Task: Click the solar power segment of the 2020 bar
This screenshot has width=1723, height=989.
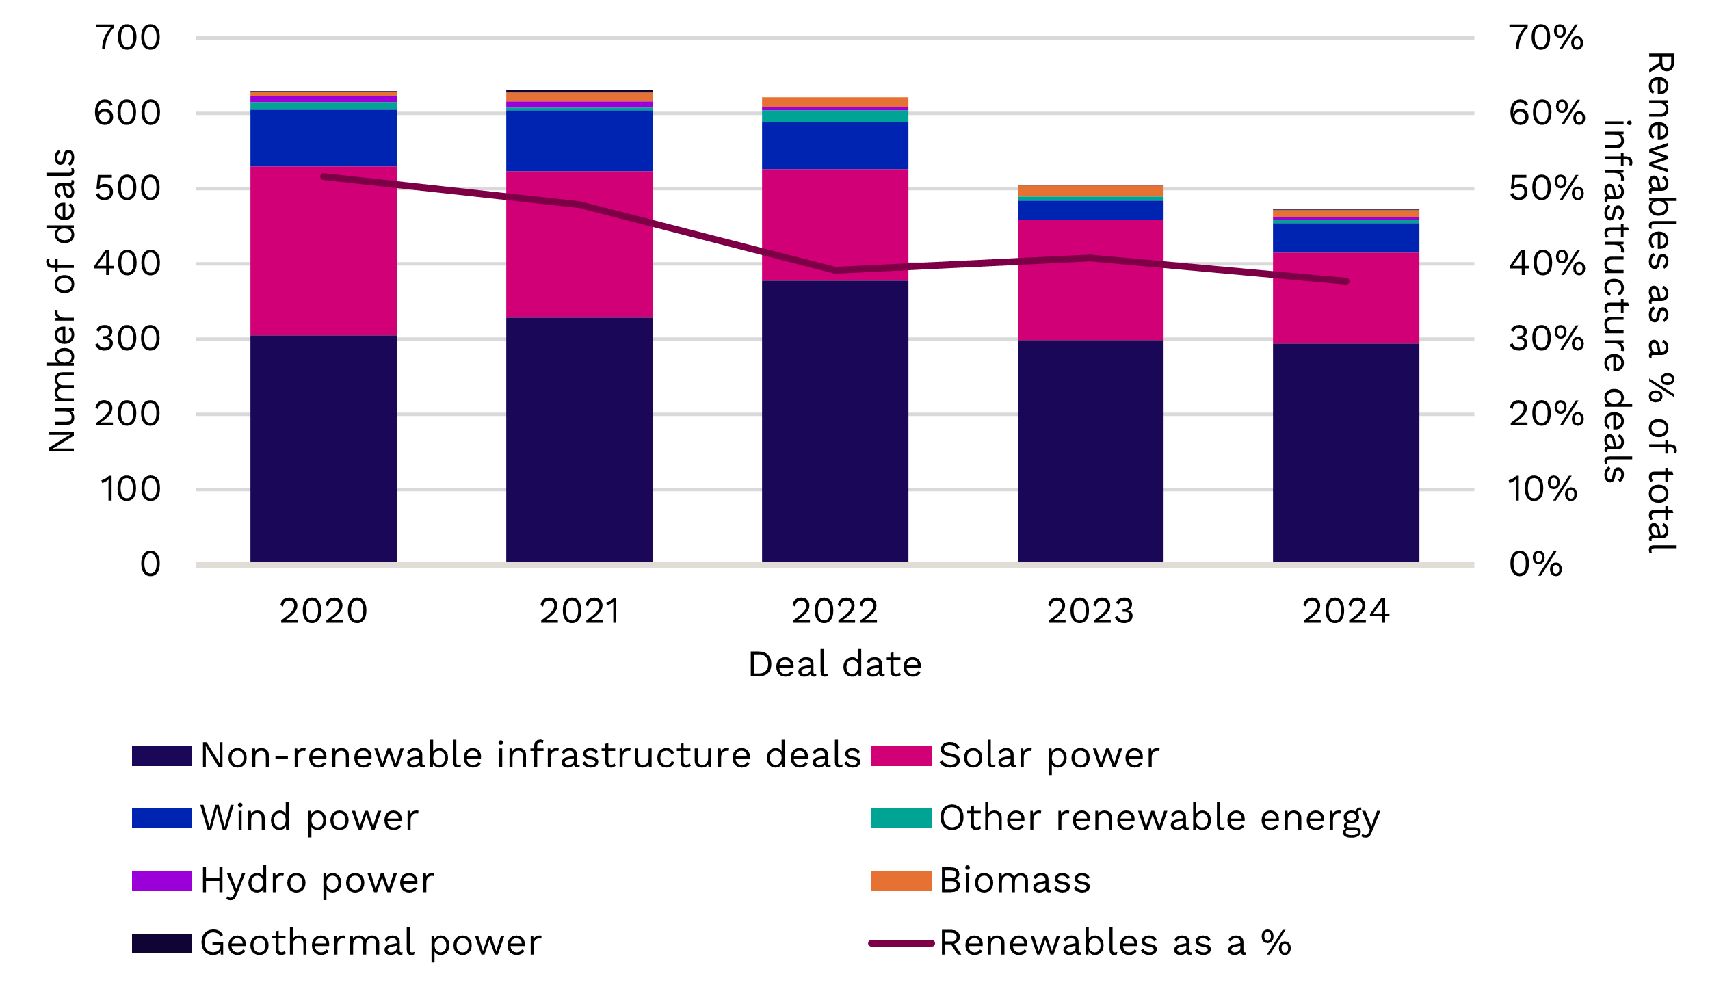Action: [x=323, y=250]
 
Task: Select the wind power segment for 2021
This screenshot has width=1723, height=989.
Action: [x=579, y=140]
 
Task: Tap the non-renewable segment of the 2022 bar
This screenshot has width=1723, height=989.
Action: [x=834, y=421]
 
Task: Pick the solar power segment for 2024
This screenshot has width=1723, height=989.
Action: [x=1345, y=298]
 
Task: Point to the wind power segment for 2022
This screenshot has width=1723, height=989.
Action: [x=834, y=145]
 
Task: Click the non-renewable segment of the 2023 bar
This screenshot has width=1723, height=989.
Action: [x=1090, y=451]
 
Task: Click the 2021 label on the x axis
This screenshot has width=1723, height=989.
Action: [x=579, y=611]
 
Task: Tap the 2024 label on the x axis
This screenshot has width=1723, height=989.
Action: [x=1345, y=611]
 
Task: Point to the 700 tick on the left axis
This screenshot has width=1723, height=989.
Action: [x=127, y=38]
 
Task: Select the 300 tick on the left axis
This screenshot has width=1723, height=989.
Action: [x=127, y=339]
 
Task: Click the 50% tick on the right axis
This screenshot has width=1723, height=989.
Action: [x=1547, y=188]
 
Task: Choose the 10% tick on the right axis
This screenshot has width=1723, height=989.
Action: [x=1542, y=489]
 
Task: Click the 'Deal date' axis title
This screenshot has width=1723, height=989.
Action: [x=834, y=664]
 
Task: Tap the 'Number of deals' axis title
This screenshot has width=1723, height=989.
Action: [x=62, y=301]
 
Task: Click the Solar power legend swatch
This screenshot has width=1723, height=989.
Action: [x=901, y=756]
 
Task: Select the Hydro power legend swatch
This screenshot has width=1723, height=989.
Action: [x=161, y=880]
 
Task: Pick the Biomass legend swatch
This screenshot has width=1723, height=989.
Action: [x=901, y=880]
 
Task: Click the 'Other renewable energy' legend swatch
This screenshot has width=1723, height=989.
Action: [x=901, y=818]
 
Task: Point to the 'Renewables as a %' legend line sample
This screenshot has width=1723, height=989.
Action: [x=901, y=943]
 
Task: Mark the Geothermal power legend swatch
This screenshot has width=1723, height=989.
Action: [x=161, y=943]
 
